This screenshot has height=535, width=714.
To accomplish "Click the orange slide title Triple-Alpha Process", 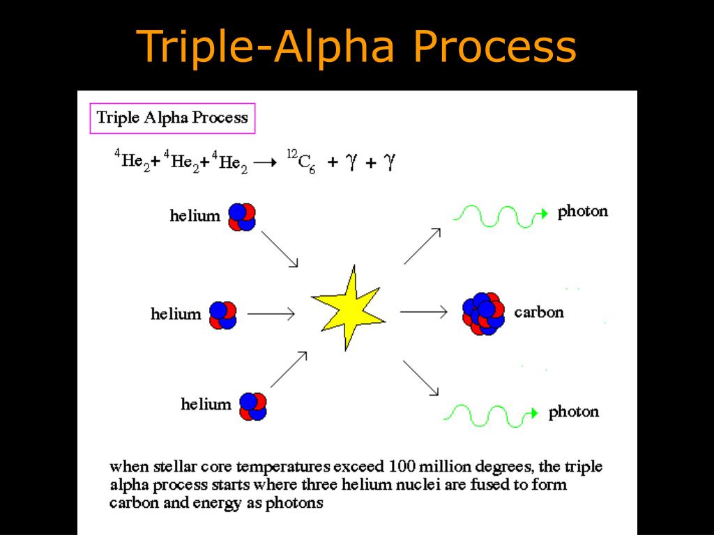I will [357, 47].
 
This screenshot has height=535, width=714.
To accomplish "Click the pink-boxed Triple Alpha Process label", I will [172, 118].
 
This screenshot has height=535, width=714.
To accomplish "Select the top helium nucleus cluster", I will [241, 216].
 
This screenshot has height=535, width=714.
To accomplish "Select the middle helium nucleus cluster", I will [223, 314].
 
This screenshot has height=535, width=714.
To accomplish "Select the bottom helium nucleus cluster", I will [253, 406].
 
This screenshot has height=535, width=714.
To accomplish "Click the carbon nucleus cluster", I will [483, 313].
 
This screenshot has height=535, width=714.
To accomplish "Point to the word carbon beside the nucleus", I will [538, 312].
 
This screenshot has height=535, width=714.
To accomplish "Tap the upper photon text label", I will [582, 212].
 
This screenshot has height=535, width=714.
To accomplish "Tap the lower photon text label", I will [573, 412].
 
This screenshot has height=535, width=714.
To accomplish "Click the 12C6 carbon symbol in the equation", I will [301, 162].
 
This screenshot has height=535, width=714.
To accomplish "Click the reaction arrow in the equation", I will [264, 163].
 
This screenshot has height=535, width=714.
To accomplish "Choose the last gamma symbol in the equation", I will [390, 162].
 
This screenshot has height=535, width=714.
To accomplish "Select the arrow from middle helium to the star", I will [271, 314].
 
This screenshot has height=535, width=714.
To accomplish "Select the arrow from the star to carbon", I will [423, 312].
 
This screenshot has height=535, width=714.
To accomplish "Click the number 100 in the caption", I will [404, 467].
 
